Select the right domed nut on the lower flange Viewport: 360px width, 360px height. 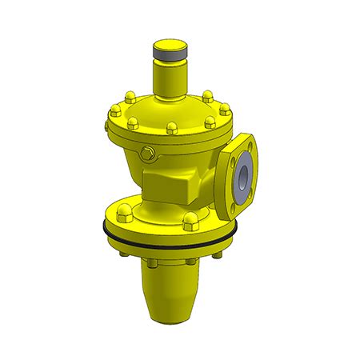(190, 222)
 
